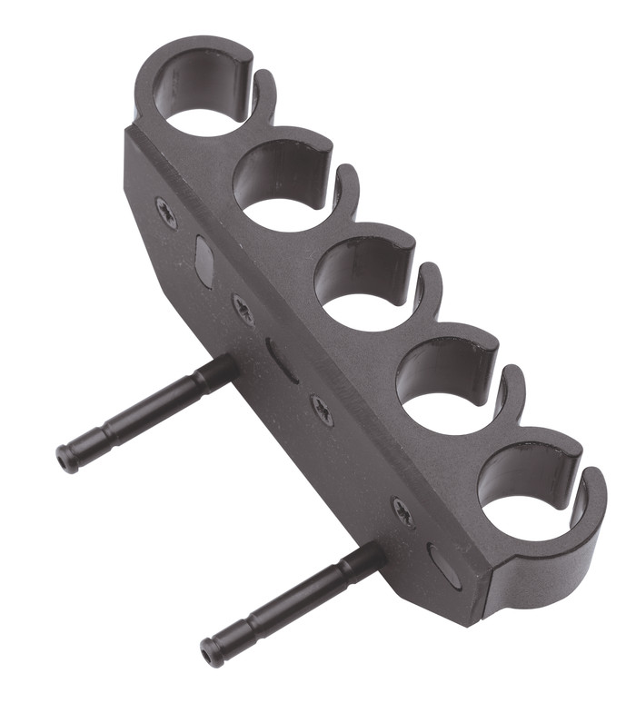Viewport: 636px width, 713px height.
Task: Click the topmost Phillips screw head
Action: pyautogui.click(x=166, y=213)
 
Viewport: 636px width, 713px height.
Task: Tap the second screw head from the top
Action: pyautogui.click(x=243, y=310)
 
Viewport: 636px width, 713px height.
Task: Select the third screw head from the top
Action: pyautogui.click(x=322, y=410)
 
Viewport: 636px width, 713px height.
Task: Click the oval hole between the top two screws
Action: pyautogui.click(x=204, y=262)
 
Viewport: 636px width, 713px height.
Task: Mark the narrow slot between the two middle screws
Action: pyautogui.click(x=282, y=360)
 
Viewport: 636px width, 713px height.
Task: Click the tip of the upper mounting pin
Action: pyautogui.click(x=65, y=459)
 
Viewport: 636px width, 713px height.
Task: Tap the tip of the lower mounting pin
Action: pyautogui.click(x=211, y=652)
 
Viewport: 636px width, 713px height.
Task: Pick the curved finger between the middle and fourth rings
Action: pyautogui.click(x=429, y=289)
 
